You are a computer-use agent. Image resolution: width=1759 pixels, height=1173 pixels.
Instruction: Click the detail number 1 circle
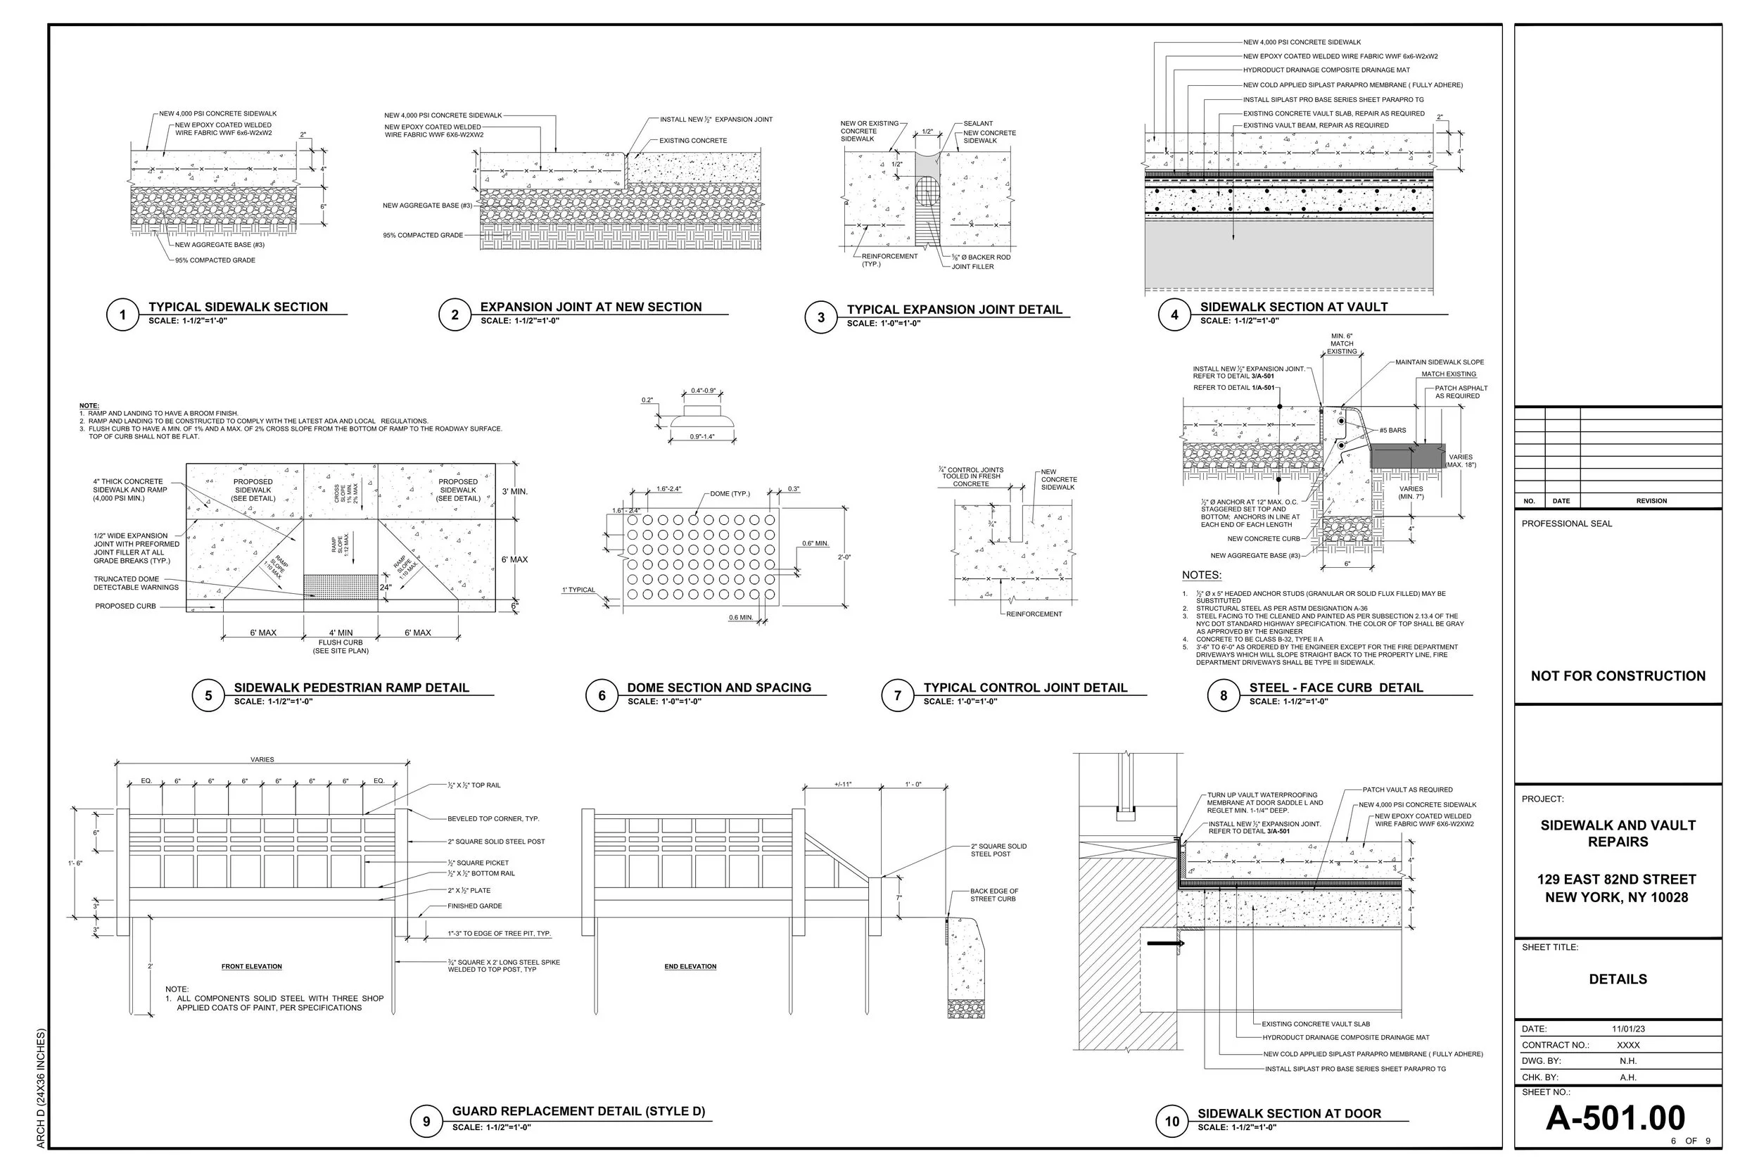pyautogui.click(x=122, y=315)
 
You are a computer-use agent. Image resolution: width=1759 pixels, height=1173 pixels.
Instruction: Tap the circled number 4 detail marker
pyautogui.click(x=1174, y=315)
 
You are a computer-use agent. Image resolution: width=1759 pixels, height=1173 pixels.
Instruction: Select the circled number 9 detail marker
pyautogui.click(x=426, y=1121)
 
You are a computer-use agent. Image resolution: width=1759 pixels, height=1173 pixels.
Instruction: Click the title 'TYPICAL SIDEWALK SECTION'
pyautogui.click(x=238, y=307)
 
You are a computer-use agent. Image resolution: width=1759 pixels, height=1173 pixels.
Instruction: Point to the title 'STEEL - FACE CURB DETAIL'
pyautogui.click(x=1335, y=687)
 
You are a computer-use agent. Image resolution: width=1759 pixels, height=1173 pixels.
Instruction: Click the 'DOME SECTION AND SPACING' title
pyautogui.click(x=718, y=687)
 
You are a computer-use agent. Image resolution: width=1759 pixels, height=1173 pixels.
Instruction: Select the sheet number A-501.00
pyautogui.click(x=1615, y=1117)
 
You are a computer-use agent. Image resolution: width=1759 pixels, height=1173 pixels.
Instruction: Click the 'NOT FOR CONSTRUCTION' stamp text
pyautogui.click(x=1618, y=676)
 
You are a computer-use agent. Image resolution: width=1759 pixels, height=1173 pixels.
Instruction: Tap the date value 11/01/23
pyautogui.click(x=1627, y=1029)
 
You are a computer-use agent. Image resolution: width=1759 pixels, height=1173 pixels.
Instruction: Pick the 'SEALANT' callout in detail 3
pyautogui.click(x=977, y=123)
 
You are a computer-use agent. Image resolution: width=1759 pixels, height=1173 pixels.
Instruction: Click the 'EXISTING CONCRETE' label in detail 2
pyautogui.click(x=692, y=141)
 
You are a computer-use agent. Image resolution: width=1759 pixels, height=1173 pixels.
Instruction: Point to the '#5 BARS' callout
pyautogui.click(x=1392, y=430)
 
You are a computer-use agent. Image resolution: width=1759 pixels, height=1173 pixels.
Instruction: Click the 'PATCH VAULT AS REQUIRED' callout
pyautogui.click(x=1406, y=790)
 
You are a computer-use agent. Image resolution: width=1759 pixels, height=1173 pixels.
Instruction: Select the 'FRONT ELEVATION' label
pyautogui.click(x=251, y=967)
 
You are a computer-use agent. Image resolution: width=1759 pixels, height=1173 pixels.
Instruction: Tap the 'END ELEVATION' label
pyautogui.click(x=690, y=967)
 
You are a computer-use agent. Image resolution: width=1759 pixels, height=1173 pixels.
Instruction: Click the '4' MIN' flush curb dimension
pyautogui.click(x=341, y=633)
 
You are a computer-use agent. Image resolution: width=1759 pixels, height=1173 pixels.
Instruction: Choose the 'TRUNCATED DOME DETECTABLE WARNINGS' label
pyautogui.click(x=136, y=583)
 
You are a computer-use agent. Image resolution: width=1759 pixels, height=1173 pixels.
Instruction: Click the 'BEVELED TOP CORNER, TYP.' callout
pyautogui.click(x=493, y=818)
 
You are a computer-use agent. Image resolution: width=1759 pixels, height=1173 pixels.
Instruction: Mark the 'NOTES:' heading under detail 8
pyautogui.click(x=1201, y=576)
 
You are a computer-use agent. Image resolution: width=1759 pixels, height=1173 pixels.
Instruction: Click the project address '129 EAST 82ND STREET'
pyautogui.click(x=1616, y=879)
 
